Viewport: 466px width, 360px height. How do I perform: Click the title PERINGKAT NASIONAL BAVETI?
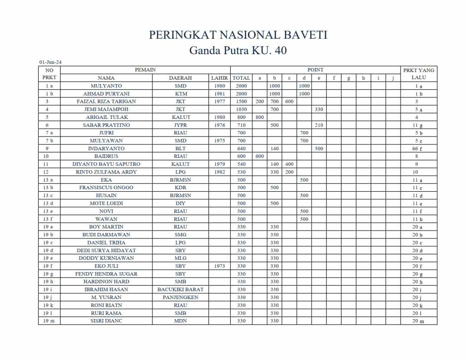[x=238, y=35]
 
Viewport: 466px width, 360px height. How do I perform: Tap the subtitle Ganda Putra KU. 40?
[x=238, y=50]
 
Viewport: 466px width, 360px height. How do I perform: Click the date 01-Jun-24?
[x=51, y=62]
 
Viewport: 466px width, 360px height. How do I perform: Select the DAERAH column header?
[x=180, y=78]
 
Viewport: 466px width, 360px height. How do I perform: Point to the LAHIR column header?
[x=219, y=78]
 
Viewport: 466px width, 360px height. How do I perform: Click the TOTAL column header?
[x=241, y=78]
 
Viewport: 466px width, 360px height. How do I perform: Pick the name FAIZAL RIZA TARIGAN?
[x=106, y=101]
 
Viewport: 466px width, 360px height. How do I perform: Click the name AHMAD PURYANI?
[x=106, y=94]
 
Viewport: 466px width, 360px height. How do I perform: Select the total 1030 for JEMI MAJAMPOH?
[x=241, y=109]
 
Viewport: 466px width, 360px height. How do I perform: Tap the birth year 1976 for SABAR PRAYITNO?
[x=219, y=125]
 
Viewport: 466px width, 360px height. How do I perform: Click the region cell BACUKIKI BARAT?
[x=180, y=289]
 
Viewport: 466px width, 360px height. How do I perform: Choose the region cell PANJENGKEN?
[x=180, y=297]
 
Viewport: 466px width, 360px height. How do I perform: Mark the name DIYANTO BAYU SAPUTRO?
[x=106, y=164]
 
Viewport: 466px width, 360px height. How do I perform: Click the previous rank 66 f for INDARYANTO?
[x=418, y=149]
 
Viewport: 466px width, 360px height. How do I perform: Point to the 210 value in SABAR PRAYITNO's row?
[x=319, y=125]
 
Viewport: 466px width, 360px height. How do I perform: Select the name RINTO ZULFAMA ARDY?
[x=106, y=172]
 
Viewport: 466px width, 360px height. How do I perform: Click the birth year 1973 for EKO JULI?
[x=219, y=266]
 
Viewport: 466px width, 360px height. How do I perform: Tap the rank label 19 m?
[x=49, y=321]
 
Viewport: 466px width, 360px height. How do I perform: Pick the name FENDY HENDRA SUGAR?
[x=106, y=274]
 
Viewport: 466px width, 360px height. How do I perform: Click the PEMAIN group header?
[x=145, y=70]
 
